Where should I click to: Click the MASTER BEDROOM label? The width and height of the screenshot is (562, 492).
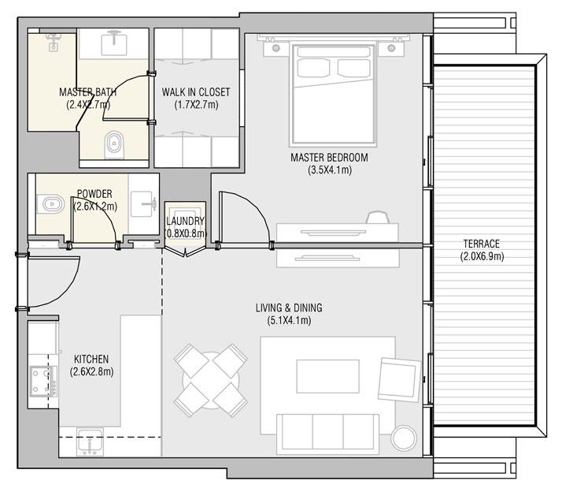click(329, 158)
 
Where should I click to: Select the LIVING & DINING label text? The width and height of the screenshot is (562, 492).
click(288, 307)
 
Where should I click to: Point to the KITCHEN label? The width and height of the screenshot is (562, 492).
click(89, 359)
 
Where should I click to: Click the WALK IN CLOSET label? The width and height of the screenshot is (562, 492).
click(196, 92)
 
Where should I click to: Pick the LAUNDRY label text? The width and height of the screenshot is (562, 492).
click(186, 222)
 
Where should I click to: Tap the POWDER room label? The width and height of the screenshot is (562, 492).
click(94, 194)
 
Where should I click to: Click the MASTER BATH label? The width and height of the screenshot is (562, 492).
click(88, 92)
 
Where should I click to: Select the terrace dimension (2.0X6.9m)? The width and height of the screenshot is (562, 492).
click(482, 256)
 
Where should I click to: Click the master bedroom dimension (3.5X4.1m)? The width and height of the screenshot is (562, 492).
click(329, 170)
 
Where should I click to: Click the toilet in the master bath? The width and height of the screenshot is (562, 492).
click(114, 142)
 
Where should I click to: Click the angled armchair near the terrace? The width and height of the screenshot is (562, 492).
click(399, 378)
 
